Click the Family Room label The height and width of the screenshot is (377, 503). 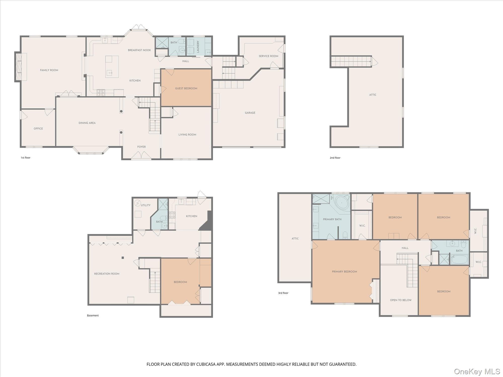point(49,70)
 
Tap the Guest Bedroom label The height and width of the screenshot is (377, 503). point(186,88)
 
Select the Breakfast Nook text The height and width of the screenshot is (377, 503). point(139,50)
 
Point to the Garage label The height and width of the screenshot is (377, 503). point(250,113)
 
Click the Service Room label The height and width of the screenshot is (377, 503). point(268,56)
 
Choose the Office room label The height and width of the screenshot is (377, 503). point(38,129)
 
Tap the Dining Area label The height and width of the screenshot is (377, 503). point(87,123)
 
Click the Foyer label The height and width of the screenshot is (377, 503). point(141,147)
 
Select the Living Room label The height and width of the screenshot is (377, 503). point(187,135)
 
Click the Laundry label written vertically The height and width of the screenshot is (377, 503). point(198,46)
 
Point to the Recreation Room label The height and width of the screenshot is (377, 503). point(107,274)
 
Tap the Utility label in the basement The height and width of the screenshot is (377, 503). point(146,205)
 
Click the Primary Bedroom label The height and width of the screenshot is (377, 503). point(344,272)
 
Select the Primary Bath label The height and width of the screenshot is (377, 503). point(332,219)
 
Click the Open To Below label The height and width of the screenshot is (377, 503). point(401,300)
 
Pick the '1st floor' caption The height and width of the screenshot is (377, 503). point(25,158)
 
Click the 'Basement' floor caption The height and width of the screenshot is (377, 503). point(93,316)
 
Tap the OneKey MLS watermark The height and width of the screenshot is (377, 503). point(477,371)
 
